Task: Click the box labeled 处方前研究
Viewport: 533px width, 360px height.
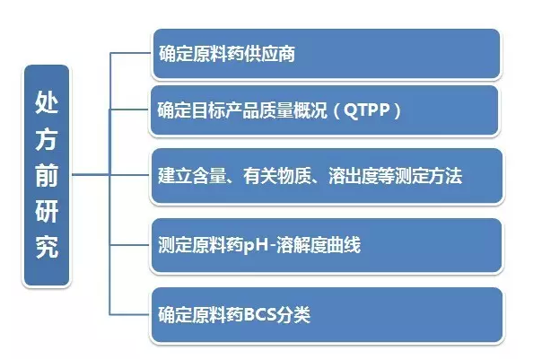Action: coord(47,175)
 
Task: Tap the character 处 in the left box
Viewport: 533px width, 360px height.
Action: coord(47,102)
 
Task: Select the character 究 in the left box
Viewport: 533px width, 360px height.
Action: coord(47,247)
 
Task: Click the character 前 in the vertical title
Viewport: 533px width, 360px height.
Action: coord(47,175)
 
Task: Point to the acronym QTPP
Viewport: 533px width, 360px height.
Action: coord(367,110)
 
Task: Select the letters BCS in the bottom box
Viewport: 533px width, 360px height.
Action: coord(259,314)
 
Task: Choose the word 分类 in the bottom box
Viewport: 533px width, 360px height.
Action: coord(293,314)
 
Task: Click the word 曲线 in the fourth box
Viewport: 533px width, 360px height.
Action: coord(344,245)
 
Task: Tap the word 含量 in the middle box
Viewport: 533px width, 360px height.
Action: coord(209,176)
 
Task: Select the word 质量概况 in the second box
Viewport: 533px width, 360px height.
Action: coord(293,110)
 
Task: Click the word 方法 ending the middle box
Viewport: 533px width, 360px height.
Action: coord(445,176)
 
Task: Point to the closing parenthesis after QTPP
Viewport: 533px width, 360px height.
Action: coord(397,110)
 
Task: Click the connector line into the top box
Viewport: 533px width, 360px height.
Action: coord(130,53)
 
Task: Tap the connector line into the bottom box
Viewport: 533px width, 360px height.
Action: coord(130,314)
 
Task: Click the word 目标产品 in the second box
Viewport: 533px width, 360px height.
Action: coord(225,110)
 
